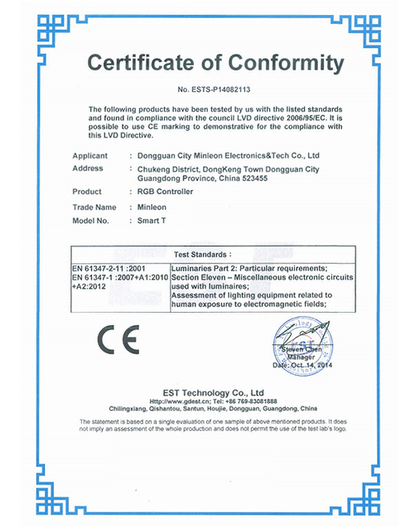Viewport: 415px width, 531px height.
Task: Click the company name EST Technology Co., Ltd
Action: [207, 392]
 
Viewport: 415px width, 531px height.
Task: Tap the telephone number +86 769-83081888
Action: [249, 401]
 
